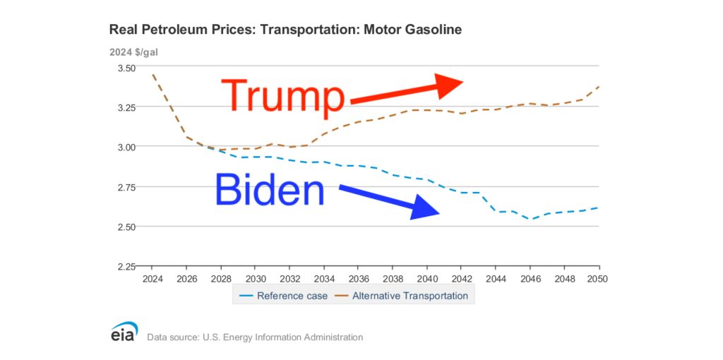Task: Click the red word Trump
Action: pos(283,95)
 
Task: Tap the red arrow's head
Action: pos(450,83)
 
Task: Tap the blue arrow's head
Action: pos(426,209)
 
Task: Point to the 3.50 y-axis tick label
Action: pos(126,68)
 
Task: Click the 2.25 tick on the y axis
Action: pos(126,267)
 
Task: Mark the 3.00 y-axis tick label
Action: pos(126,147)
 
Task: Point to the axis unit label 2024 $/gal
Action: pos(133,52)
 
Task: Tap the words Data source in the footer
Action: pos(173,337)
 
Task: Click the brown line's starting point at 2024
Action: pos(153,74)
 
